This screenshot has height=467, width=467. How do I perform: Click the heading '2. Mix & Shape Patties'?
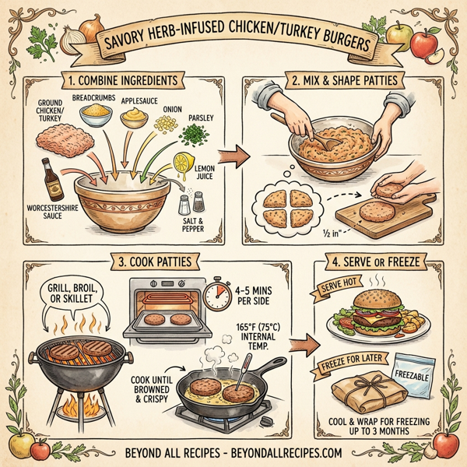(x=344, y=79)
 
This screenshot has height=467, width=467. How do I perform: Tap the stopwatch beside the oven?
(x=216, y=294)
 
